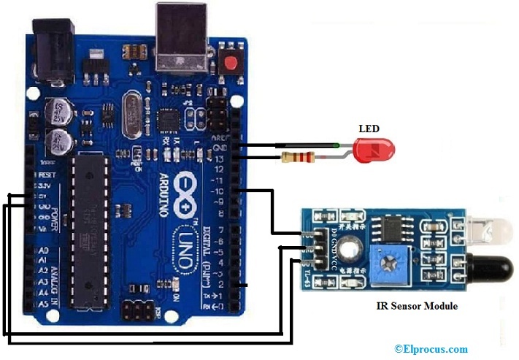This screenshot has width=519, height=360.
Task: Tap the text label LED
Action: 369,129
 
